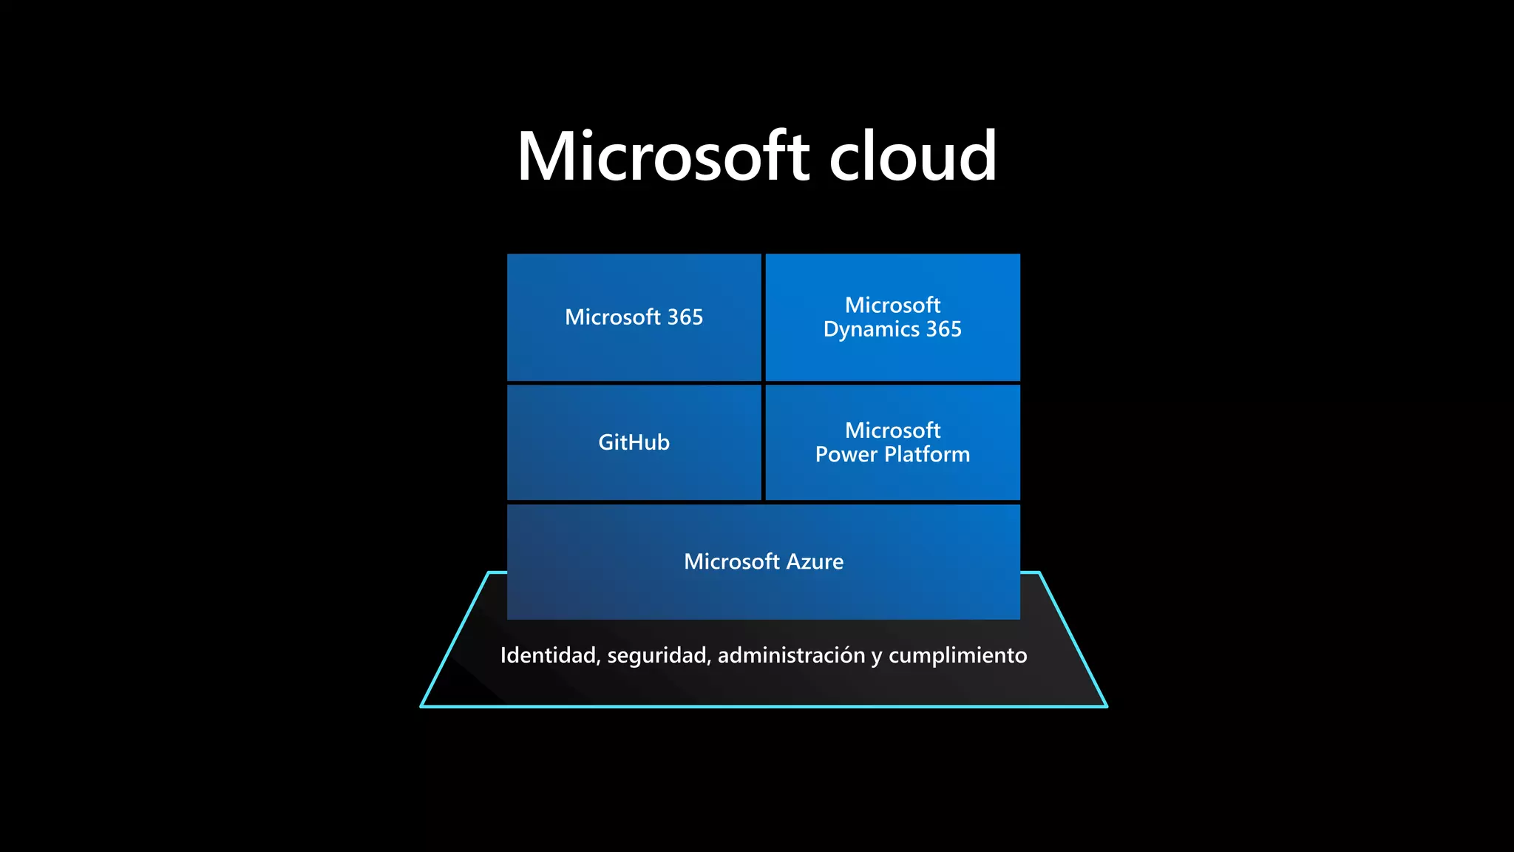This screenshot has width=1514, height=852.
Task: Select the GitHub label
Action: [x=634, y=442]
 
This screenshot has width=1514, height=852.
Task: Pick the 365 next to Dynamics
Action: [x=944, y=329]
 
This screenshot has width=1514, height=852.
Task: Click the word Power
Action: [x=846, y=454]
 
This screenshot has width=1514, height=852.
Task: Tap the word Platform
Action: [x=927, y=454]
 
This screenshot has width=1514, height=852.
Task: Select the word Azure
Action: [x=815, y=562]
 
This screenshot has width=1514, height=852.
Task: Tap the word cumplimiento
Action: [x=957, y=656]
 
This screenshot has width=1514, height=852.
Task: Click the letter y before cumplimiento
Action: [x=876, y=657]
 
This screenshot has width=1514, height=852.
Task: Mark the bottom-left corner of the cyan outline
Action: [x=422, y=706]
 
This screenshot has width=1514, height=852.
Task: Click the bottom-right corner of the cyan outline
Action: [x=1106, y=706]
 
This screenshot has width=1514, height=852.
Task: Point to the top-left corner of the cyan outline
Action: [x=489, y=572]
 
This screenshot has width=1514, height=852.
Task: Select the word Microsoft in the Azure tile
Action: [x=731, y=562]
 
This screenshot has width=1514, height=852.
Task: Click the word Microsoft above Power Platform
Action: [x=892, y=430]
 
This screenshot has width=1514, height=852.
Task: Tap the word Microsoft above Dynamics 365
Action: [x=892, y=305]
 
